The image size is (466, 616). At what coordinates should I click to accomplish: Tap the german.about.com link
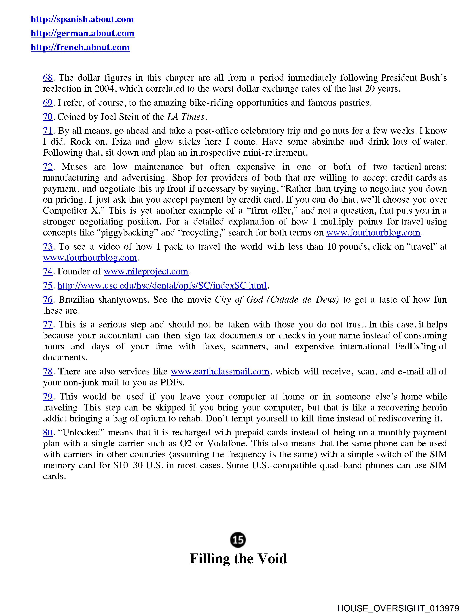tap(82, 33)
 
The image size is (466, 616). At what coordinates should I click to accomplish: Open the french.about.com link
tap(80, 47)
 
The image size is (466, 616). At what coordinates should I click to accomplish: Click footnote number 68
tap(48, 78)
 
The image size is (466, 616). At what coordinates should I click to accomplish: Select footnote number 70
tap(48, 117)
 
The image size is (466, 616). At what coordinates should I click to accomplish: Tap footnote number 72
tap(48, 167)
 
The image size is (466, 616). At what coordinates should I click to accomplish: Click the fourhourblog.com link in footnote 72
tap(373, 233)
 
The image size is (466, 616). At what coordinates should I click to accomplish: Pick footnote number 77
tap(48, 325)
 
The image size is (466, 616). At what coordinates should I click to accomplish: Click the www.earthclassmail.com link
tap(220, 372)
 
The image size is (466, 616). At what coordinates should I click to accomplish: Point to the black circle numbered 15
tap(238, 540)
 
